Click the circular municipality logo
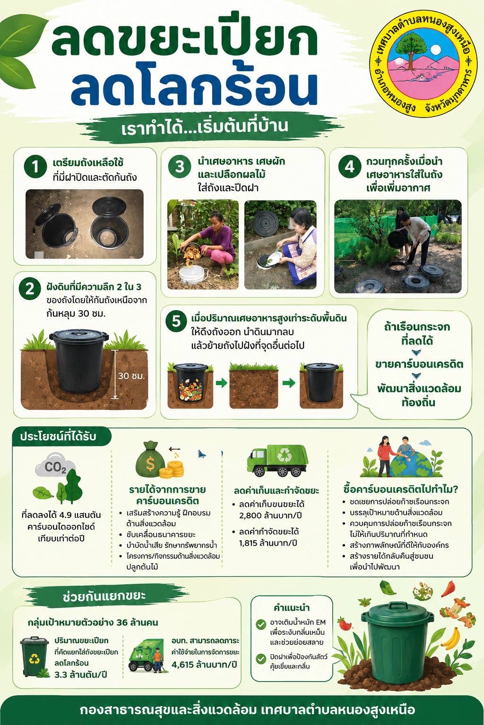(x=423, y=64)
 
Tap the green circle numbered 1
(x=35, y=167)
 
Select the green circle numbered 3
(x=180, y=167)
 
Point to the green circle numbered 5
(x=176, y=322)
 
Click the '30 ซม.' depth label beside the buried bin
(x=131, y=376)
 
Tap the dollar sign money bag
(x=150, y=460)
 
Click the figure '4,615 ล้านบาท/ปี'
(x=204, y=665)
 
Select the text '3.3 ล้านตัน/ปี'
(x=80, y=675)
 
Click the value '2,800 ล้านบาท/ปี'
(x=270, y=515)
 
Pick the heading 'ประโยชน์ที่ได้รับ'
(x=58, y=437)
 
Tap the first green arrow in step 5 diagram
(x=222, y=384)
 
